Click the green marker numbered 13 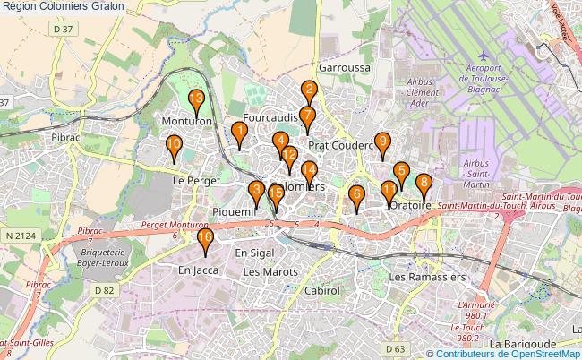click(196, 99)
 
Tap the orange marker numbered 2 click(309, 89)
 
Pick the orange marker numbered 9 click(382, 141)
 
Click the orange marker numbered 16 click(205, 237)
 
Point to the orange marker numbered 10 click(174, 143)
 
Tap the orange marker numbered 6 click(356, 193)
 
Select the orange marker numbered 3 click(257, 189)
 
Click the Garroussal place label click(345, 67)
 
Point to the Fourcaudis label click(270, 117)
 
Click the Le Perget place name click(196, 180)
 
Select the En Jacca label click(198, 270)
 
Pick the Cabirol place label click(322, 291)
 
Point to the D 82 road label click(105, 290)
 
